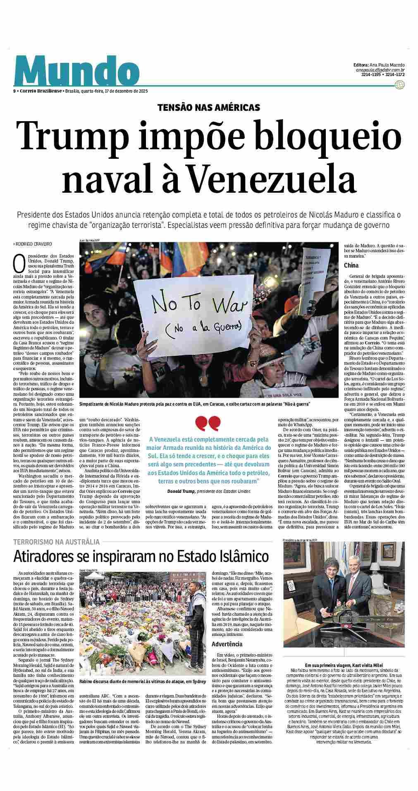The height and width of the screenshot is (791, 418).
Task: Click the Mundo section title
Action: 76,71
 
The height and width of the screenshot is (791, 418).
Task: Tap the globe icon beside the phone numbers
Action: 399,85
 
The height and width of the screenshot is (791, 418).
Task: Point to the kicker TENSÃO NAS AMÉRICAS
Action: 208,108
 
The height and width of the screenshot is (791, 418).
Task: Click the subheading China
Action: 351,265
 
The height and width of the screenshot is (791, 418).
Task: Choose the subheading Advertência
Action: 227,644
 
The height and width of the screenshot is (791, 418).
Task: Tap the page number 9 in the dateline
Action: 14,91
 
